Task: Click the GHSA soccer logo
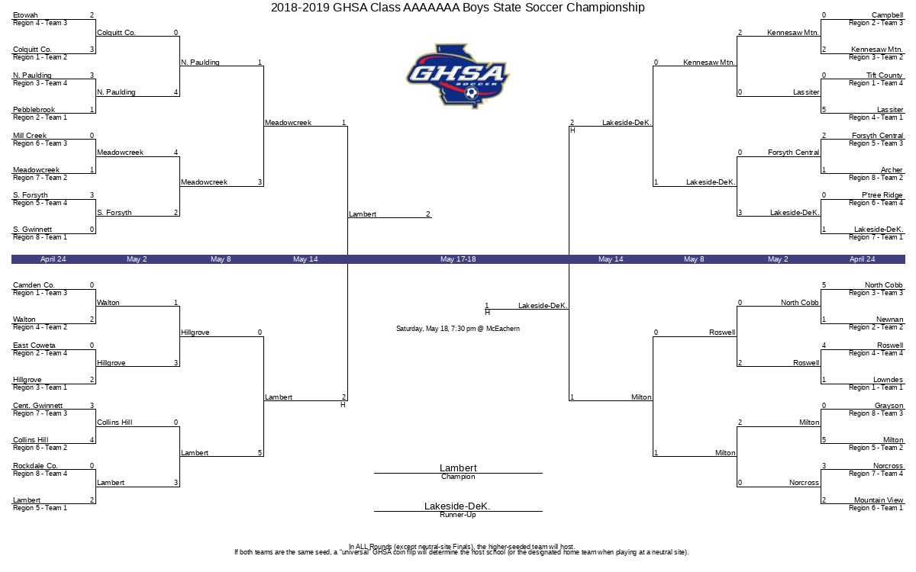click(x=457, y=75)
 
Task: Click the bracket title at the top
click(x=457, y=8)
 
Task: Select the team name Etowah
click(x=26, y=15)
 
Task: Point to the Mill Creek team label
click(x=30, y=136)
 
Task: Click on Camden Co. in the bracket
click(x=34, y=285)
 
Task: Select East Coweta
click(x=34, y=345)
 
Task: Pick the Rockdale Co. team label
click(x=35, y=466)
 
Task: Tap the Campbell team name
click(x=887, y=15)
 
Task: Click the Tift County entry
click(x=884, y=76)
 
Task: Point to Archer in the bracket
click(x=892, y=170)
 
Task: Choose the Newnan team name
click(x=889, y=320)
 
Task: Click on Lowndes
click(x=888, y=380)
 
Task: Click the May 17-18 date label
click(x=458, y=259)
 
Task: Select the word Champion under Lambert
click(x=458, y=477)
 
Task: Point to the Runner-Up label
click(x=458, y=516)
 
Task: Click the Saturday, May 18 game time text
click(x=458, y=329)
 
